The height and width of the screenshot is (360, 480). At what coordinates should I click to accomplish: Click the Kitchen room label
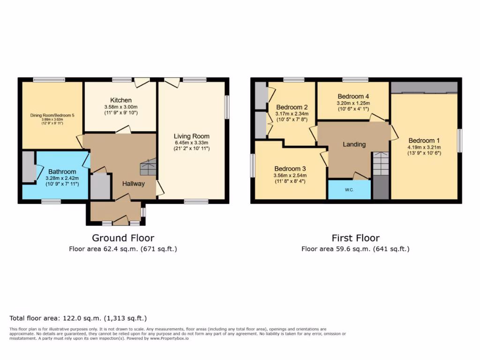[x=121, y=100]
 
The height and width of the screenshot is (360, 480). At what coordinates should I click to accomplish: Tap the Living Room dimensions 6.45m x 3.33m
[x=191, y=142]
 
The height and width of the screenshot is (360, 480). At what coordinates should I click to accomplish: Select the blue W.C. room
[x=349, y=190]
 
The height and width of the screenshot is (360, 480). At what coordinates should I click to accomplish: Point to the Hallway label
[x=134, y=184]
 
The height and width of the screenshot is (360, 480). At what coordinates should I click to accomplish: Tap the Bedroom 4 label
[x=353, y=97]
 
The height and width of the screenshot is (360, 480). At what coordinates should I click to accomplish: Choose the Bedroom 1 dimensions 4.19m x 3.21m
[x=425, y=147]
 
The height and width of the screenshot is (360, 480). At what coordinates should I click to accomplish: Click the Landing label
[x=354, y=144]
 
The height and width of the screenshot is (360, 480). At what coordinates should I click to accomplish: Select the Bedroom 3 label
[x=290, y=169]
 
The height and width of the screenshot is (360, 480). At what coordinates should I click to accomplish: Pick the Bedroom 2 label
[x=292, y=107]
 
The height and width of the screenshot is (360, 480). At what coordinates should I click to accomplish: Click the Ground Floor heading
[x=123, y=238]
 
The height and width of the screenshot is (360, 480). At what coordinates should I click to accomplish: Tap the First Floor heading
[x=355, y=238]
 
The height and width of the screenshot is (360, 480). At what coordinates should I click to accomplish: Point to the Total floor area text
[x=78, y=318]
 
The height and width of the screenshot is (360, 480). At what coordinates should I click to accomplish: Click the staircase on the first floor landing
[x=381, y=164]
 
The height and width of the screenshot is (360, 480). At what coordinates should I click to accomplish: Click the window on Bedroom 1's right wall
[x=460, y=141]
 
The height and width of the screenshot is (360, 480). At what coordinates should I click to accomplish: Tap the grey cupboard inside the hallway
[x=100, y=186]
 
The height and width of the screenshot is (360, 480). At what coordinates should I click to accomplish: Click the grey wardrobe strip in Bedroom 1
[x=424, y=87]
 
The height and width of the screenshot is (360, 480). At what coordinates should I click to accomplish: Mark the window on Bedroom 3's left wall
[x=253, y=165]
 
